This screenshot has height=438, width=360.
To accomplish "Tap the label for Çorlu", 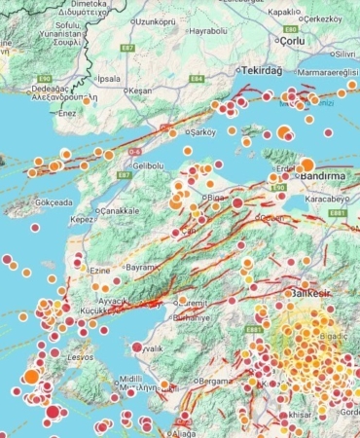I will click(x=292, y=41).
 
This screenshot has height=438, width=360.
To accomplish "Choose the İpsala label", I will click(x=109, y=78).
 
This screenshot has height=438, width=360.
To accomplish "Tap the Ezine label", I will click(x=98, y=269).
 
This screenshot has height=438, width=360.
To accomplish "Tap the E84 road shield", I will click(x=197, y=78).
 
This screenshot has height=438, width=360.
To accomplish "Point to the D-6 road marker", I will click(x=135, y=152).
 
